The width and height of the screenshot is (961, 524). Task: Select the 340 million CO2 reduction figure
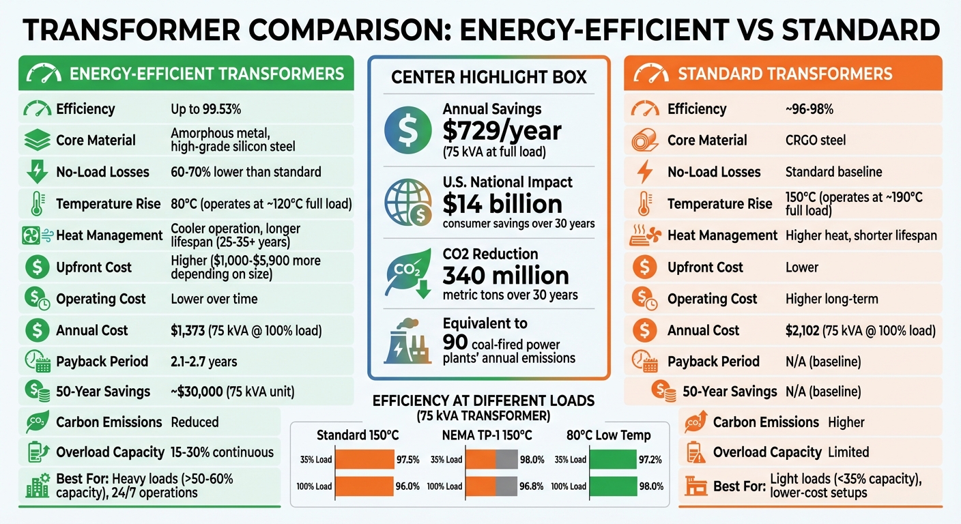pyautogui.click(x=506, y=276)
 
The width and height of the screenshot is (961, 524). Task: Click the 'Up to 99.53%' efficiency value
pyautogui.click(x=205, y=109)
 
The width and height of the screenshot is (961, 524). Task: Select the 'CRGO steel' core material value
pyautogui.click(x=816, y=141)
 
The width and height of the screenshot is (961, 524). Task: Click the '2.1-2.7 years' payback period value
pyautogui.click(x=204, y=362)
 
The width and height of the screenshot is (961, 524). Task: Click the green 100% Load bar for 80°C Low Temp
pyautogui.click(x=612, y=486)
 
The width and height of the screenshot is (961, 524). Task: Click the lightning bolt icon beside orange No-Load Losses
pyautogui.click(x=644, y=172)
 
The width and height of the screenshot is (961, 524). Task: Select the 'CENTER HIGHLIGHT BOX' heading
pyautogui.click(x=489, y=77)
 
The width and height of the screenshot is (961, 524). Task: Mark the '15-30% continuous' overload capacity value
pyautogui.click(x=223, y=452)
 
